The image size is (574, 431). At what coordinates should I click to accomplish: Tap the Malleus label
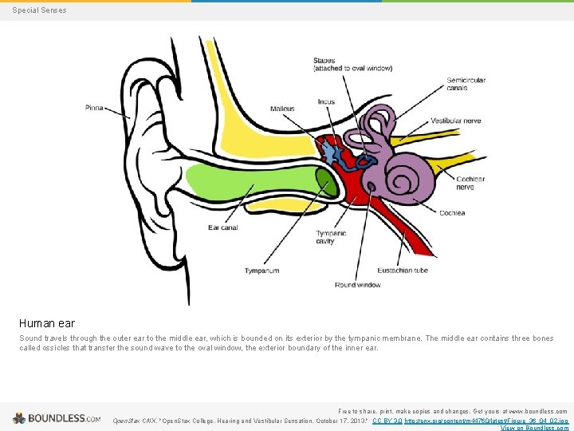(x=282, y=109)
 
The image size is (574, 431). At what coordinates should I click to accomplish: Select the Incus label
(x=326, y=102)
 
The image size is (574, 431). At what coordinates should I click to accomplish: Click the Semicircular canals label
(x=466, y=84)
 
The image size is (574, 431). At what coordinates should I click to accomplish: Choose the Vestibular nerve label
(x=456, y=121)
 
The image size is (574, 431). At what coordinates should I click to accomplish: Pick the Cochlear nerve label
(x=470, y=183)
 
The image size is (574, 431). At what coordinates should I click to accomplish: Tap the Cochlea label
(x=452, y=212)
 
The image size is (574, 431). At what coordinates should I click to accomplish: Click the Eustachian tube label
(x=404, y=271)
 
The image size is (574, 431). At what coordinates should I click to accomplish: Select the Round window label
(x=357, y=285)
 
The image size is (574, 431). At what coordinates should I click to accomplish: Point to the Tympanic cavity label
(x=331, y=237)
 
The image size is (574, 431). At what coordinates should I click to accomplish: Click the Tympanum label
(x=261, y=271)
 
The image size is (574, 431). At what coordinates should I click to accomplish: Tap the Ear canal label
(x=223, y=227)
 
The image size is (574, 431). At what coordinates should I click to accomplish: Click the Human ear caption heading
(x=47, y=323)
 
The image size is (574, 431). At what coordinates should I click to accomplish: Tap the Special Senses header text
(x=40, y=10)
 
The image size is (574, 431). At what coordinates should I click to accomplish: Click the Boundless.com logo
(x=57, y=417)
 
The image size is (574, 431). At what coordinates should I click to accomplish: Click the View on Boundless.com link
(x=533, y=428)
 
